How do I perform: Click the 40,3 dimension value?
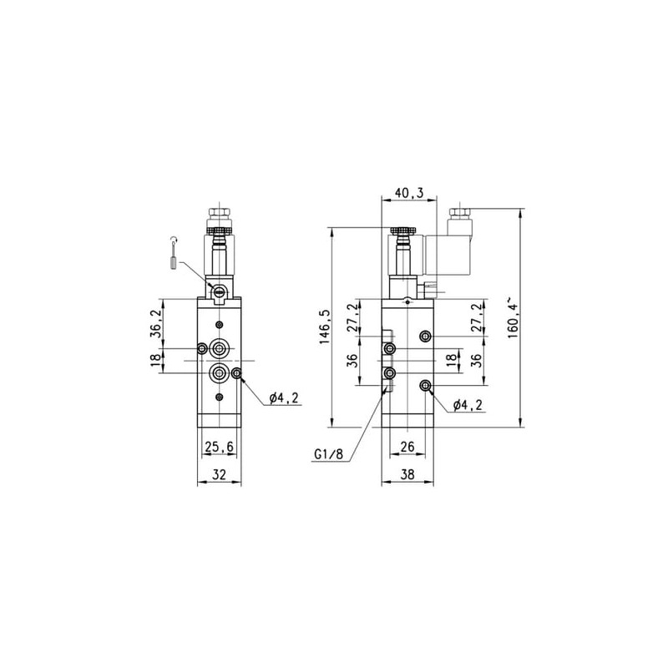[409, 193]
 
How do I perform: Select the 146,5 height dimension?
[325, 326]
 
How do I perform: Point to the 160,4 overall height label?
[513, 318]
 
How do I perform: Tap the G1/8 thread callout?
[328, 454]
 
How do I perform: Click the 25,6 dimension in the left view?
[220, 447]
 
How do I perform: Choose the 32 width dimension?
[220, 474]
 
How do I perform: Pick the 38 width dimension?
[407, 474]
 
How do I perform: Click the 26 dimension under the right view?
[407, 447]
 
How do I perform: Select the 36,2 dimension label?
[156, 324]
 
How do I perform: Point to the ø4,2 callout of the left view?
[284, 398]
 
